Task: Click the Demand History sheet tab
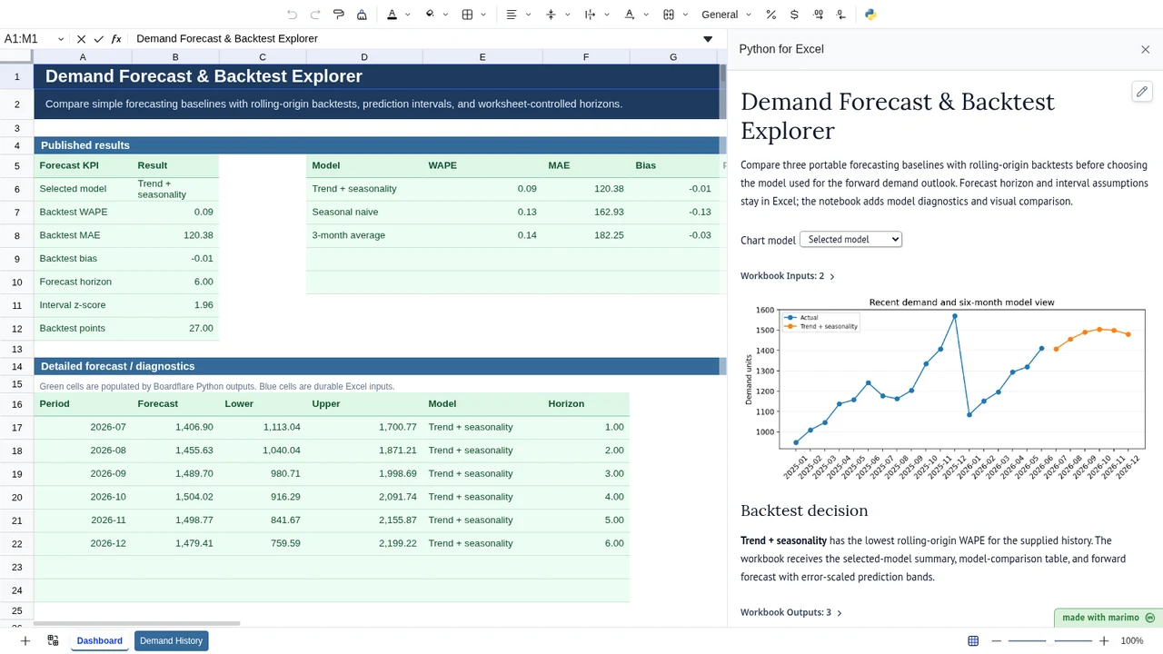click(x=172, y=640)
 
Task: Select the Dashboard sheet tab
click(x=100, y=640)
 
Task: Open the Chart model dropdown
click(x=850, y=239)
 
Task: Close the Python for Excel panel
click(x=1146, y=49)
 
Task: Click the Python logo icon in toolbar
click(x=870, y=15)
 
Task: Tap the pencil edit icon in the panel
click(x=1142, y=92)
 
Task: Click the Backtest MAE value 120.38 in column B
click(x=198, y=235)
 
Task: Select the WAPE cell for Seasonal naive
click(x=527, y=212)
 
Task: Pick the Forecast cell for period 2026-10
click(x=194, y=497)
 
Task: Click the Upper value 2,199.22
click(x=398, y=543)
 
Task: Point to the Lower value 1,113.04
click(x=282, y=427)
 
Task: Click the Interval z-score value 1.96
click(x=204, y=304)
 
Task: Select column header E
click(x=482, y=57)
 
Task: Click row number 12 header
click(x=16, y=329)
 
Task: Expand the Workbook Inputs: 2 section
click(x=787, y=276)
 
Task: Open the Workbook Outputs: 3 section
click(x=790, y=612)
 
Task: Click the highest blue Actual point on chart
click(x=955, y=316)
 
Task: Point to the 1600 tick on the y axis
click(x=765, y=310)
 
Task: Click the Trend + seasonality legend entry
click(x=823, y=326)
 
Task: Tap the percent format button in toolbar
click(x=771, y=15)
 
